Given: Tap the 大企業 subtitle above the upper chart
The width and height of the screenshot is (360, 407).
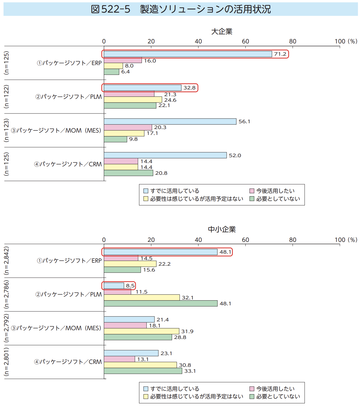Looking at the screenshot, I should coord(222,31).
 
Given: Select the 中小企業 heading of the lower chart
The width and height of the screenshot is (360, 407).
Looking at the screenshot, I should coord(222,229).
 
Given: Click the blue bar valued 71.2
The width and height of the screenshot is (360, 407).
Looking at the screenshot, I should coord(188,54).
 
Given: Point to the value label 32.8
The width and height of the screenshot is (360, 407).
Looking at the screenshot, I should coord(189,88).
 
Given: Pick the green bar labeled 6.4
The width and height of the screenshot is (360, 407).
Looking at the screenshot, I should coord(111,72).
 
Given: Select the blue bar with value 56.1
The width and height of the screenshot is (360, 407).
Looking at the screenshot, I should coord(170,122).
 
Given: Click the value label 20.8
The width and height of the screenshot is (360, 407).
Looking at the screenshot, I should coord(161,173).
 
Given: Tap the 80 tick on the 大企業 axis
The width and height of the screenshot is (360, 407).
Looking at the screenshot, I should coord(293,41).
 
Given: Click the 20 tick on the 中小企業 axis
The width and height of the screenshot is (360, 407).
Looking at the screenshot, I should coord(151,240).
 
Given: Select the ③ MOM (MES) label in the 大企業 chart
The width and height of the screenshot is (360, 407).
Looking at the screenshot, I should coord(56,130).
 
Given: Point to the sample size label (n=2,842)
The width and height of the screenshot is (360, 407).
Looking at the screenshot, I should coord(6,261).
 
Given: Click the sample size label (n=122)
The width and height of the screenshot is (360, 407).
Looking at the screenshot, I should coord(6,96).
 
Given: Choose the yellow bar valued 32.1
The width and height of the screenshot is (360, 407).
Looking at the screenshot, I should coord(142,298).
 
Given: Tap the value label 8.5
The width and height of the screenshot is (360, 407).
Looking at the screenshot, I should coord(130,286).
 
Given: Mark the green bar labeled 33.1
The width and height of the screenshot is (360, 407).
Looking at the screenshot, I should coord(143,371).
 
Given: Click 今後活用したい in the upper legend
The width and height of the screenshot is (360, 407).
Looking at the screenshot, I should coord(275,191).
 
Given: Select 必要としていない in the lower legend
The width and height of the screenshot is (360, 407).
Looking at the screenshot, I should coord(278,396).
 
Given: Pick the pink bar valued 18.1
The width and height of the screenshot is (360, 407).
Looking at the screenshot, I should coord(125,325).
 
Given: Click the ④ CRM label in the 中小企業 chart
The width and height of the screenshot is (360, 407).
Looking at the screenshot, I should coord(68,362).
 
